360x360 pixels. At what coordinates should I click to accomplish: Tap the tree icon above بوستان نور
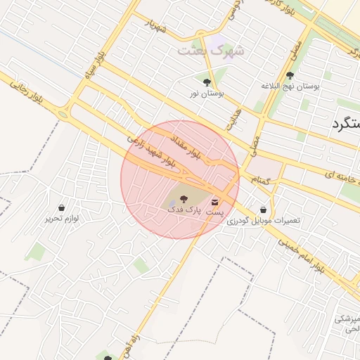click(x=206, y=82)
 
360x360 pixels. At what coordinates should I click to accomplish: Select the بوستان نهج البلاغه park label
click(x=290, y=86)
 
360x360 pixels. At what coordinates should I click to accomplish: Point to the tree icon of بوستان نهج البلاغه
click(x=290, y=75)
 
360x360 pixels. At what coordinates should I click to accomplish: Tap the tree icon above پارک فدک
click(x=184, y=200)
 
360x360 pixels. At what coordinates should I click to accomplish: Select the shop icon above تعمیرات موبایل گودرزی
click(x=263, y=210)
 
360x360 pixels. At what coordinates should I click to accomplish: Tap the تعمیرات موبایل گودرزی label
click(x=263, y=220)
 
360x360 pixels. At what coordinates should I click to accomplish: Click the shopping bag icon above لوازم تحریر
click(x=62, y=208)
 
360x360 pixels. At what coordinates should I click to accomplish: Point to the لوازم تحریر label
click(x=62, y=219)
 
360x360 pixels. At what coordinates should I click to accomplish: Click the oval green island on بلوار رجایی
click(x=64, y=114)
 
